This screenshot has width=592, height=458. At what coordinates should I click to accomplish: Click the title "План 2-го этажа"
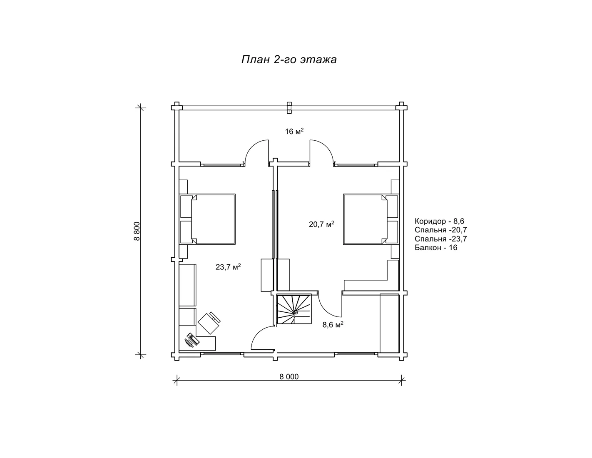point(289,60)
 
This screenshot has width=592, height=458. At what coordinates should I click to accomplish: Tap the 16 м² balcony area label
point(294,131)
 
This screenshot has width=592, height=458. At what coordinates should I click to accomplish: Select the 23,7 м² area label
point(228,266)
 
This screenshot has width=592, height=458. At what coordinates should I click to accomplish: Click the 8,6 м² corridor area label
point(333,324)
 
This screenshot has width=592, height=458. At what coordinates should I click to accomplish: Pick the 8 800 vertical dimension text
point(137,231)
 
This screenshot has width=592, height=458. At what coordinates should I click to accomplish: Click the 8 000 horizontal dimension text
point(289,376)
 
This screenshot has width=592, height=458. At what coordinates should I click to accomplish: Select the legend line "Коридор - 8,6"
point(439,221)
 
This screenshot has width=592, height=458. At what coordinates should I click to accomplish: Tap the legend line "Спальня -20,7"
point(441,230)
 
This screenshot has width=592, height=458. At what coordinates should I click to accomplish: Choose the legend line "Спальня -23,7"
point(441,239)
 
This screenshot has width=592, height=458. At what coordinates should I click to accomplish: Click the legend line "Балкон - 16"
point(436,247)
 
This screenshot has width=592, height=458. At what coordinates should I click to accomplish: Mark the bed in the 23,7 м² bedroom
point(207,219)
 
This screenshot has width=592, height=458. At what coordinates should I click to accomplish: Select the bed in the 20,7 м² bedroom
point(371,219)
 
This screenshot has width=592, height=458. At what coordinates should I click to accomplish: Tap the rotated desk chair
point(209,323)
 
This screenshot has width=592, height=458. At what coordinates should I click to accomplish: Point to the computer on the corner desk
point(192,340)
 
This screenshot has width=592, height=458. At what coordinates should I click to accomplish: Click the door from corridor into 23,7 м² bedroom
point(262,338)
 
